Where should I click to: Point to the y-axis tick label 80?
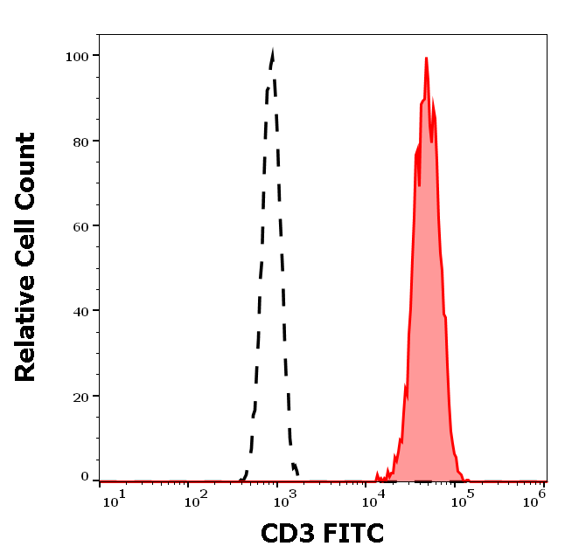[79, 141]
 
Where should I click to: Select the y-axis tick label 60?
[79, 225]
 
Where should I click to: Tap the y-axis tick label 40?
[79, 310]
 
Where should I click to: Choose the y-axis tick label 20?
[79, 396]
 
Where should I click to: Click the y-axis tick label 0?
[85, 477]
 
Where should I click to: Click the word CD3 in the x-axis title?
[288, 533]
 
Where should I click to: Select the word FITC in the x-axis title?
[353, 533]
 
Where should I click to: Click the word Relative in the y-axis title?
[25, 331]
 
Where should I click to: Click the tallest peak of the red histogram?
[426, 59]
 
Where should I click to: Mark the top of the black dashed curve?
[273, 52]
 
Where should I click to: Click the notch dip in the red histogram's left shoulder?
[420, 183]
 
